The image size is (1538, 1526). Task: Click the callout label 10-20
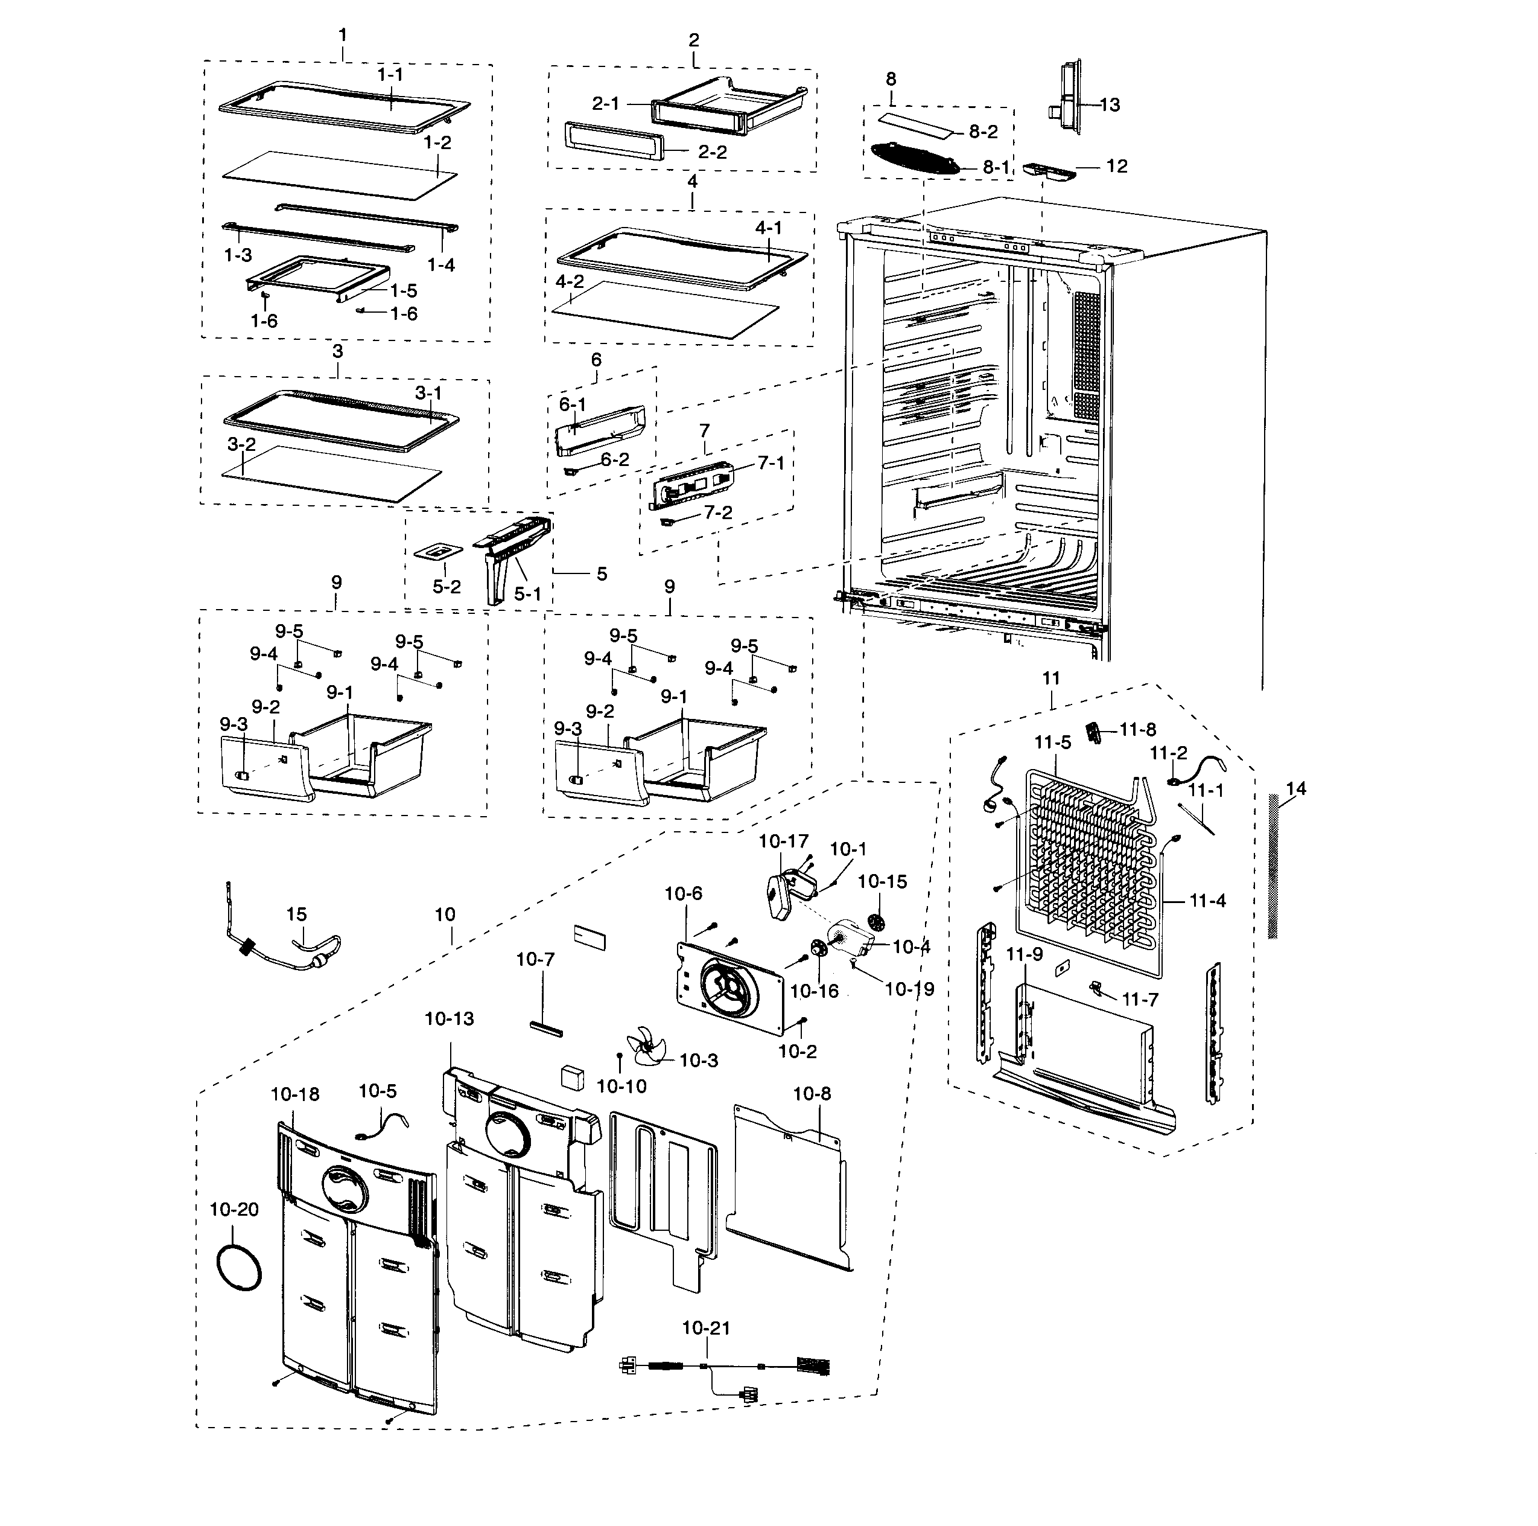coord(234,1209)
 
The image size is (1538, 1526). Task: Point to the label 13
coord(1110,104)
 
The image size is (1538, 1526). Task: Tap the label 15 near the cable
coord(296,915)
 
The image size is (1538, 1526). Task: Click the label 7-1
coord(771,462)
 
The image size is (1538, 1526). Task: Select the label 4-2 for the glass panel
coord(570,281)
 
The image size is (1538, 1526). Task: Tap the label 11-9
coord(1024,953)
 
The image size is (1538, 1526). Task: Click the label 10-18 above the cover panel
coord(294,1094)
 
